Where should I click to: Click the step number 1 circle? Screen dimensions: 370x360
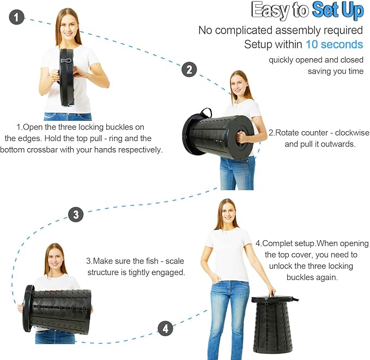tap(16, 17)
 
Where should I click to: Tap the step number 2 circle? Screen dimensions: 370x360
tap(189, 69)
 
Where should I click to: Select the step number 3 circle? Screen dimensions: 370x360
tap(76, 215)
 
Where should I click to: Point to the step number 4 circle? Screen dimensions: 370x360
tap(166, 328)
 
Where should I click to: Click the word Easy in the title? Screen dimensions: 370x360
tap(270, 10)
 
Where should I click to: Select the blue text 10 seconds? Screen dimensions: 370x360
tap(335, 44)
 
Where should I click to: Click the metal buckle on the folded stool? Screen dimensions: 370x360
tap(66, 60)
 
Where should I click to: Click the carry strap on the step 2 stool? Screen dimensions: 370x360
tap(205, 112)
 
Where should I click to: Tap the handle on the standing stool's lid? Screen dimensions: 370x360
tap(272, 295)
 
